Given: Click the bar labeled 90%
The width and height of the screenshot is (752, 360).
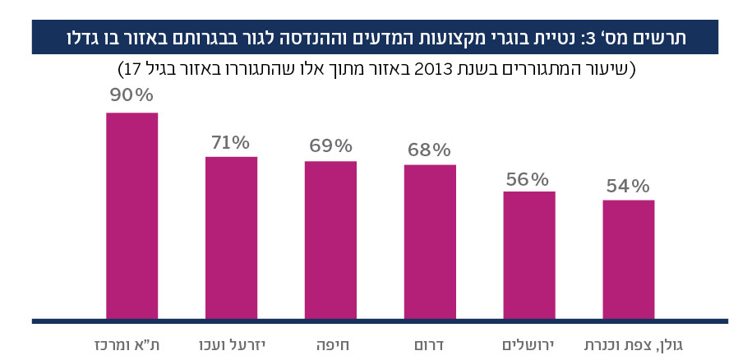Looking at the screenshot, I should point(132,215).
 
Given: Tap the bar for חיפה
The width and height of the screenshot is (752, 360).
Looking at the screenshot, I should point(330,239).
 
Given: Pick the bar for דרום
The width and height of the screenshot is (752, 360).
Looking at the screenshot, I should point(430,241).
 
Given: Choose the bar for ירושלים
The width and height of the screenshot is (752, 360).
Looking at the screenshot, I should point(529,255).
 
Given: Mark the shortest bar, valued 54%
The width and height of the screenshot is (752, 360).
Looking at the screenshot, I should point(629,259).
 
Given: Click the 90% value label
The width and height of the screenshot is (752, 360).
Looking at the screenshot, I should point(132,96).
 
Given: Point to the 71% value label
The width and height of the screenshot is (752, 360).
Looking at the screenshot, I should point(231,141).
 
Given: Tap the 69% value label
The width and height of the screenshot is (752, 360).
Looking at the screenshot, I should point(330,146).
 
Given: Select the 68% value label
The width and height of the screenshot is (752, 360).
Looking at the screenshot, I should point(430,150).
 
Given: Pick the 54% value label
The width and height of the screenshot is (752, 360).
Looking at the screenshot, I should point(629,185).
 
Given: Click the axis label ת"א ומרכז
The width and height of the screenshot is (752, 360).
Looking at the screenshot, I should point(132,340).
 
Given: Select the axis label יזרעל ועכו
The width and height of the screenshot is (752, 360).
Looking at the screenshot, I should point(231,340).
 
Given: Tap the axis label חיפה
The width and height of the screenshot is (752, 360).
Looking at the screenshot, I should point(330,340).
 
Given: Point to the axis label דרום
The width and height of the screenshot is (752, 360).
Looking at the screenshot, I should point(430,340).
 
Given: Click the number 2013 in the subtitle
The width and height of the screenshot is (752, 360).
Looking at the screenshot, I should point(451,68).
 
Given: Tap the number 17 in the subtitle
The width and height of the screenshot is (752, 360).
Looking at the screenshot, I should point(131,68).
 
